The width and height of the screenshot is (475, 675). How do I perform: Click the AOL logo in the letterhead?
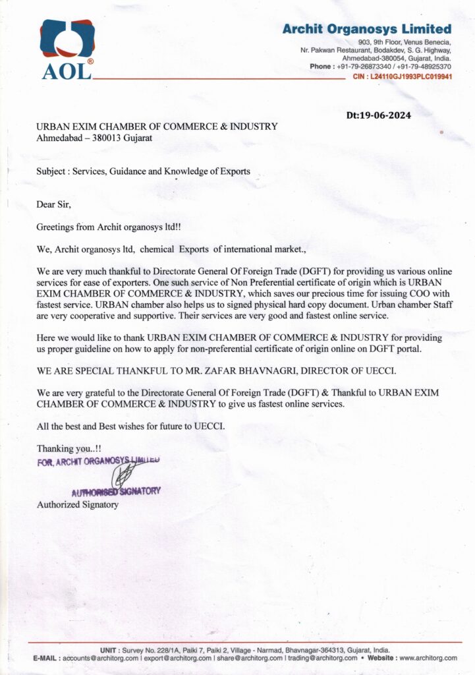(67, 49)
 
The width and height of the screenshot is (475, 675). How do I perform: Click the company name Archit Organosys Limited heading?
(367, 29)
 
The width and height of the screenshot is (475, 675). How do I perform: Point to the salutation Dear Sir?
(53, 204)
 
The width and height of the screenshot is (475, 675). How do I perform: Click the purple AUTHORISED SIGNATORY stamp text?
(116, 491)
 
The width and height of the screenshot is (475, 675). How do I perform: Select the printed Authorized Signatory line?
(78, 505)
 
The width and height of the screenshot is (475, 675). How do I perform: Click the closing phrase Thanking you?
(64, 448)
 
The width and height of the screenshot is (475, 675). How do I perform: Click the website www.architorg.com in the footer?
(428, 658)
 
